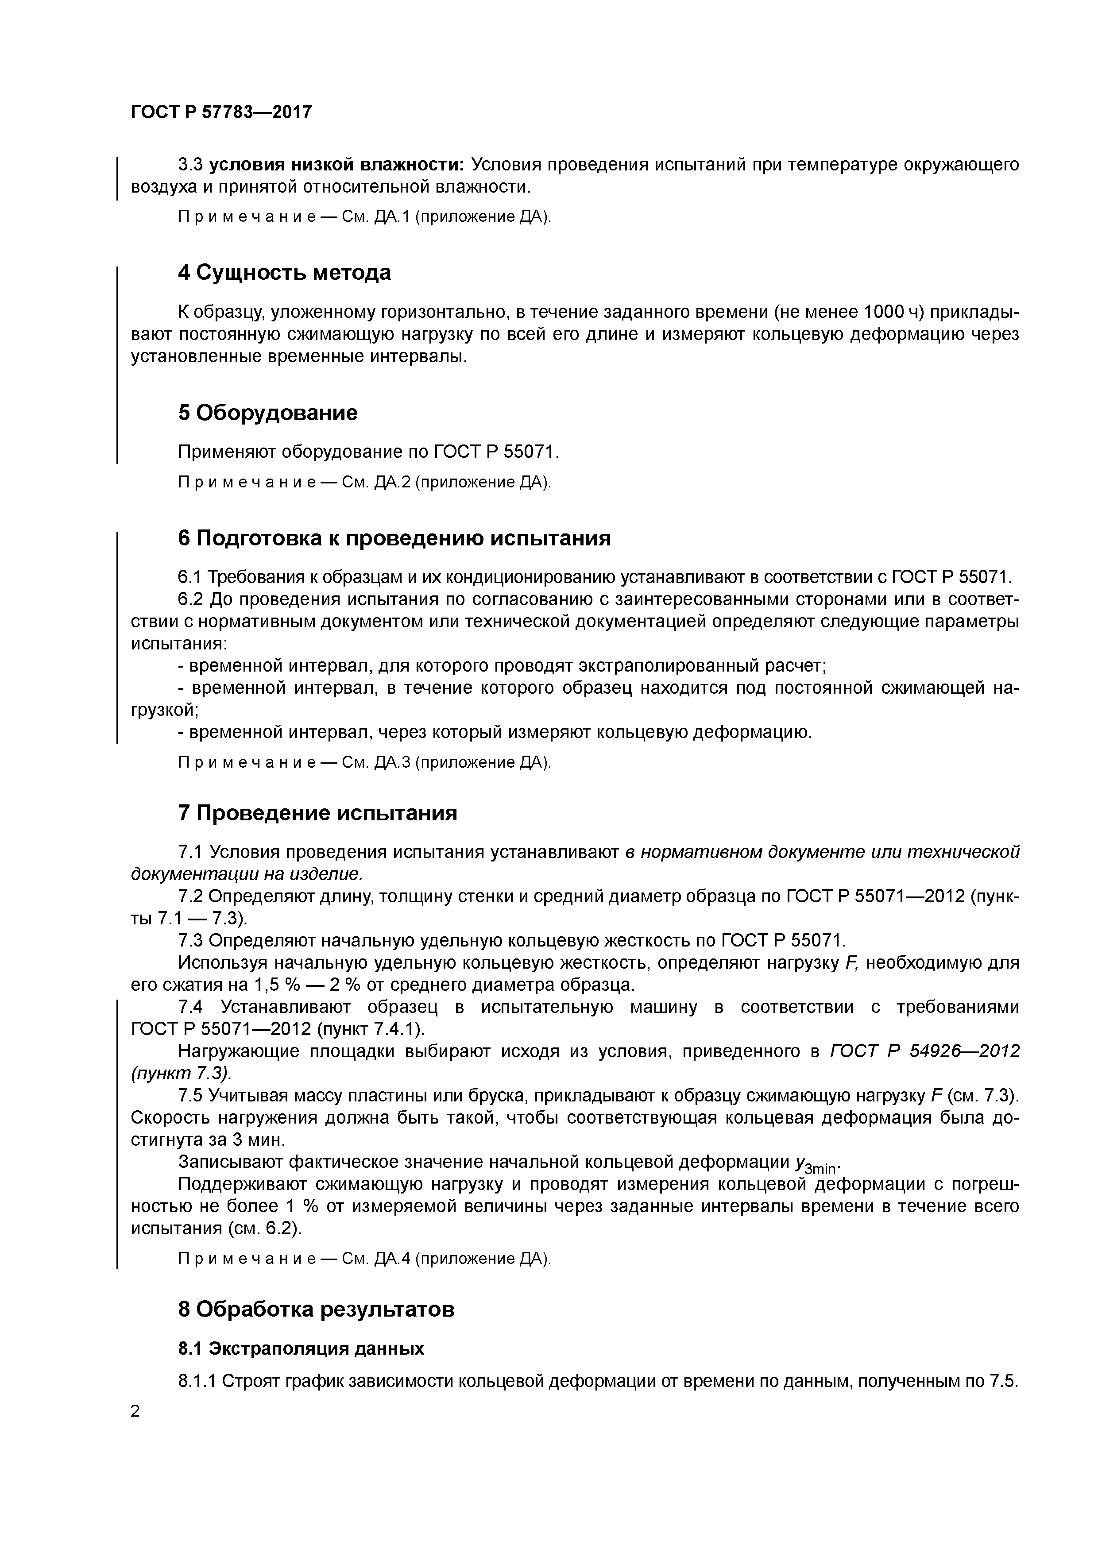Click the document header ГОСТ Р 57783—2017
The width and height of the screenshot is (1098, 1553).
221,112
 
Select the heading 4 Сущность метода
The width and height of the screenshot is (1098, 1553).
284,273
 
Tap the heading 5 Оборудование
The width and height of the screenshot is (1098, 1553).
267,413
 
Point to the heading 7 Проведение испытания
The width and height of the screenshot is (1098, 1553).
317,813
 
